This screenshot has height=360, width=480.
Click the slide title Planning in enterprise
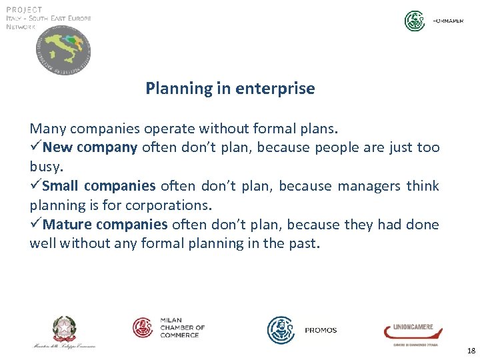pyautogui.click(x=230, y=88)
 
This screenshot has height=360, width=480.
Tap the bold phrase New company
pyautogui.click(x=94, y=147)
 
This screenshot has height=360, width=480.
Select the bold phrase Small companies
pyautogui.click(x=99, y=186)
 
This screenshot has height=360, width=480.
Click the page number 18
pyautogui.click(x=471, y=350)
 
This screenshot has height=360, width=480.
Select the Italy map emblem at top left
pyautogui.click(x=63, y=51)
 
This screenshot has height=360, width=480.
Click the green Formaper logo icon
pyautogui.click(x=415, y=21)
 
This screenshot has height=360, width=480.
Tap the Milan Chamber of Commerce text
pyautogui.click(x=182, y=327)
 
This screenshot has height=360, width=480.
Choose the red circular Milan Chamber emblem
pyautogui.click(x=143, y=327)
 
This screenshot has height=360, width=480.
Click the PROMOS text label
pyautogui.click(x=321, y=330)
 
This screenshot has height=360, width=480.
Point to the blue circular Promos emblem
pyautogui.click(x=281, y=330)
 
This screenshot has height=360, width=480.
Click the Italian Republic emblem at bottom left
pyautogui.click(x=65, y=329)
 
